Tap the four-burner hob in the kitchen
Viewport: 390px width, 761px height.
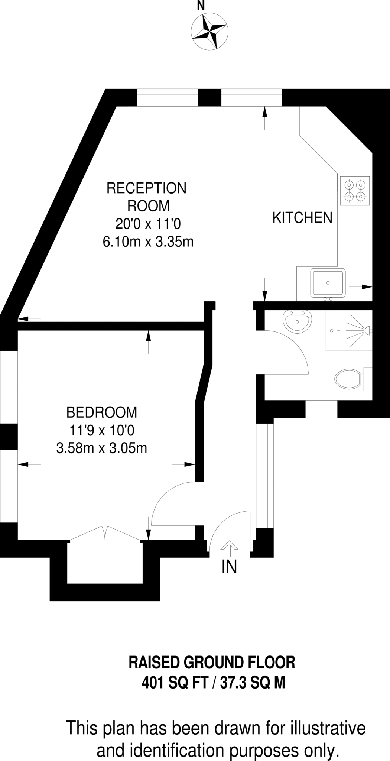pos(355,191)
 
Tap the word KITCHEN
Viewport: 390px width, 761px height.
pos(302,218)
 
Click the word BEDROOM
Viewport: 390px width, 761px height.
pos(101,412)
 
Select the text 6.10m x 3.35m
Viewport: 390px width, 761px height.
pos(148,242)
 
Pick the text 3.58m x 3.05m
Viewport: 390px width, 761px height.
pos(101,448)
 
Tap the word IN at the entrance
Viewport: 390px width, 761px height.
pos(229,567)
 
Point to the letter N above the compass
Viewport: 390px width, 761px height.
pos(201,6)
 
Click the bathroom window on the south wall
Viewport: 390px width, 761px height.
pos(321,409)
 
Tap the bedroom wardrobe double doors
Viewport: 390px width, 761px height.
pos(105,533)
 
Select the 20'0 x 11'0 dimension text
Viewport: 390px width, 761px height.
pos(148,224)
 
